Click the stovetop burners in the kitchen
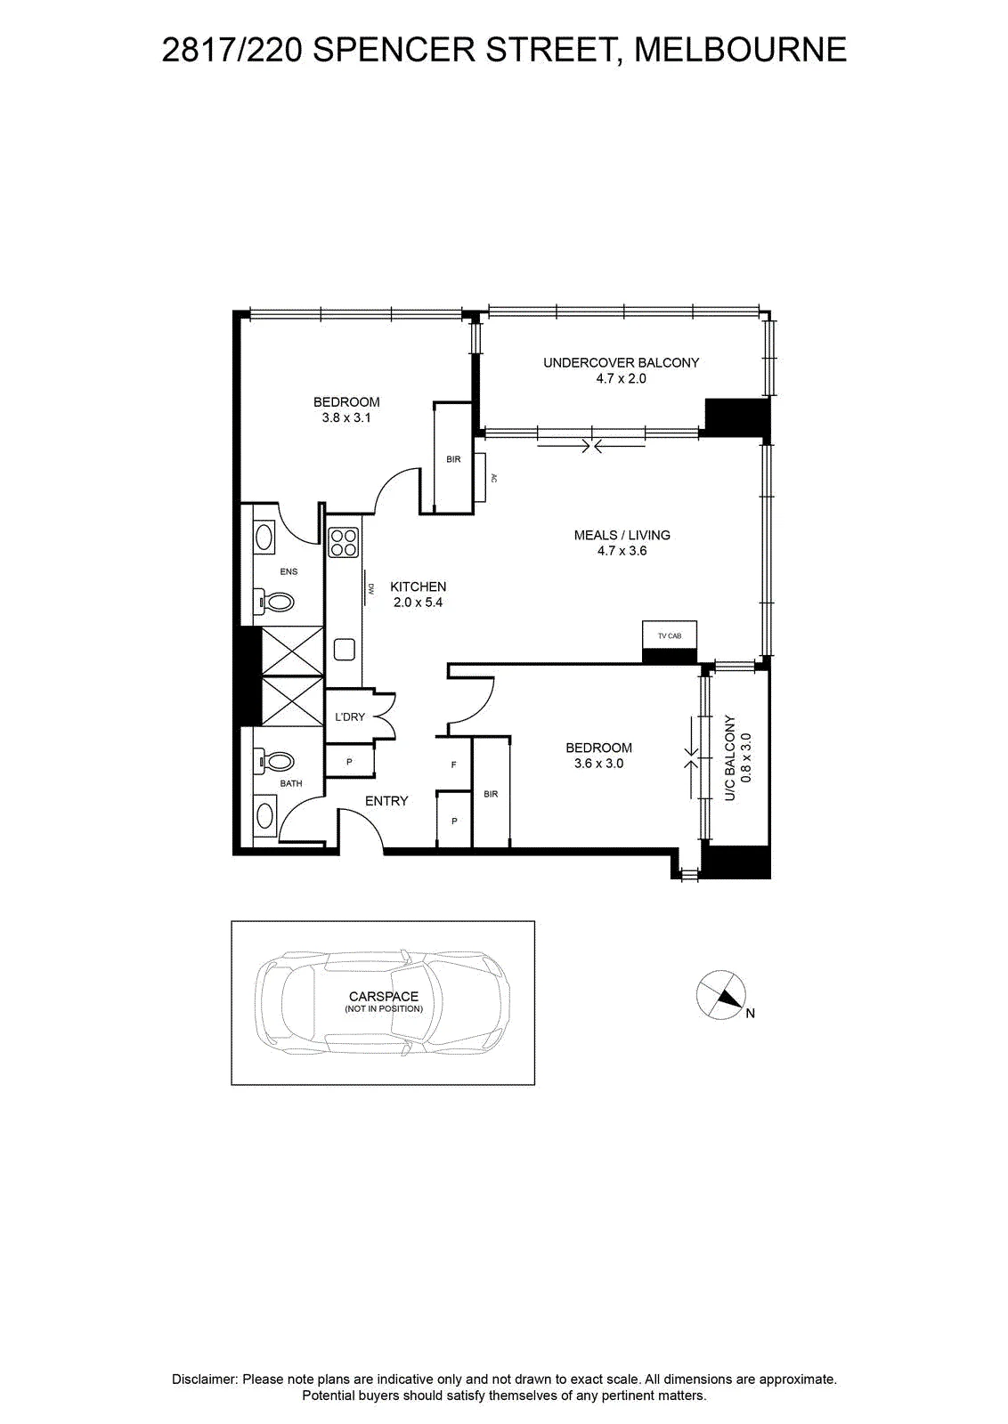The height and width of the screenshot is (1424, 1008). [344, 542]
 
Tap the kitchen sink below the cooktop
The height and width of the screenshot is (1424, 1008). [344, 649]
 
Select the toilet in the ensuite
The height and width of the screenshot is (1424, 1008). [274, 601]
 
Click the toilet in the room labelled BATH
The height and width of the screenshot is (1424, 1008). [274, 760]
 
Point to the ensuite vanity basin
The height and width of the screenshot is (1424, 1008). [265, 537]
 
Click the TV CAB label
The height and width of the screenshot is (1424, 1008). [669, 635]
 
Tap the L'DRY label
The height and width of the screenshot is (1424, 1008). [350, 716]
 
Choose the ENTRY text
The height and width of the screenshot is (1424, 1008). [386, 801]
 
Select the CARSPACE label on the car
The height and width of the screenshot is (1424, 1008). [384, 996]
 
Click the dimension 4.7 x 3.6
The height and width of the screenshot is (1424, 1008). [622, 551]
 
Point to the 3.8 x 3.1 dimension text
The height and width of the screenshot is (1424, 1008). [346, 417]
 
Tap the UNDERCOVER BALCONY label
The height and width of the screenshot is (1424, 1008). [621, 362]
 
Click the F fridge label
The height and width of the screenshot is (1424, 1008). [453, 765]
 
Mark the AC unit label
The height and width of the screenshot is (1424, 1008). [494, 477]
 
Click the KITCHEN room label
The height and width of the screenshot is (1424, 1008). [418, 587]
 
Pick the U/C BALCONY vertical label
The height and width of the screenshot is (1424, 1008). [730, 757]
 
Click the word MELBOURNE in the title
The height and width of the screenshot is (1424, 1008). [741, 50]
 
